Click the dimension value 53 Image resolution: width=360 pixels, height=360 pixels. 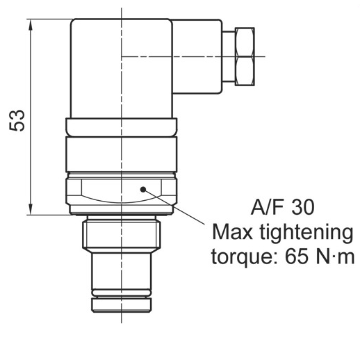(x=22, y=120)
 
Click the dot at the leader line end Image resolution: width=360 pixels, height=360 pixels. (x=142, y=188)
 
